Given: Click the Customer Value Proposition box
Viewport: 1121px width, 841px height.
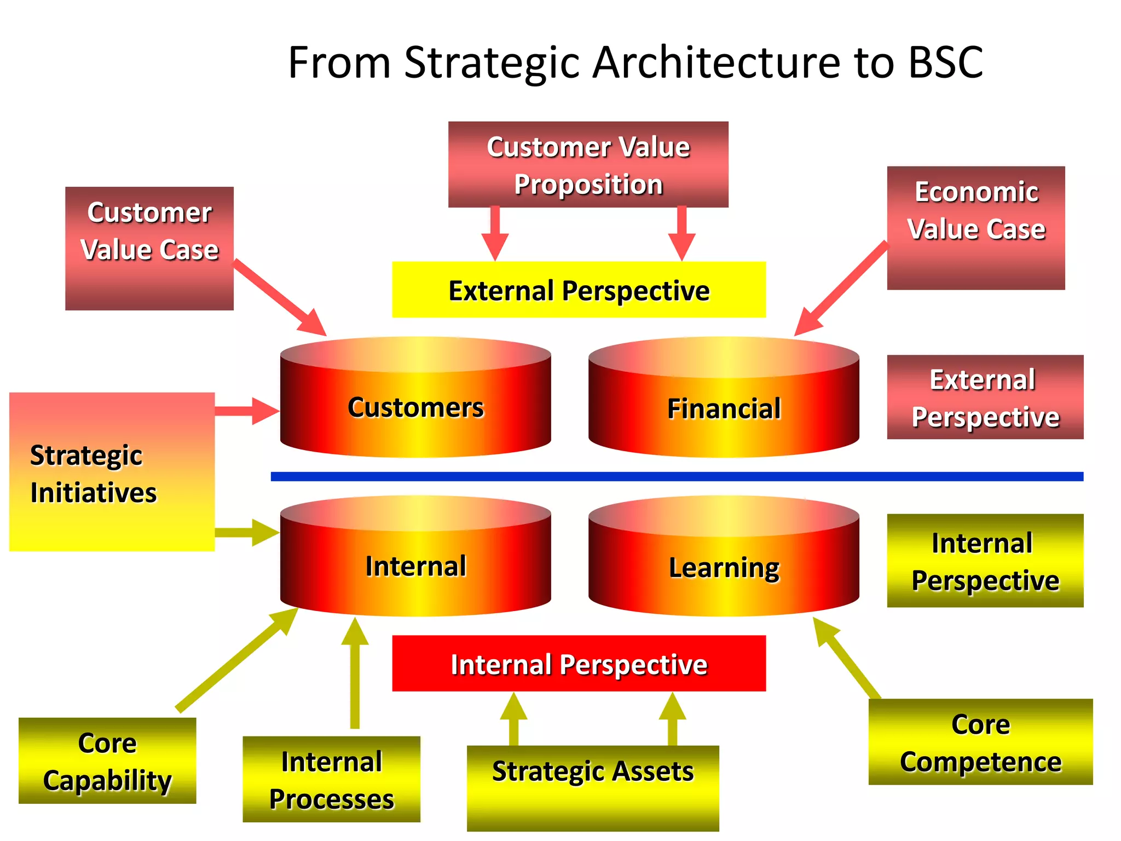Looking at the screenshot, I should tap(588, 164).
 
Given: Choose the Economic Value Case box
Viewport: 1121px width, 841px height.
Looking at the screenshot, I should tap(975, 228).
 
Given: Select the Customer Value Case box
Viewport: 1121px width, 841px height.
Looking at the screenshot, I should tap(149, 248).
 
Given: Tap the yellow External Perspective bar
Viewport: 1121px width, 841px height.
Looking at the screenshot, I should tap(579, 290).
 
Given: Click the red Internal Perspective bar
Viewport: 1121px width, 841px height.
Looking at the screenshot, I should tap(579, 663).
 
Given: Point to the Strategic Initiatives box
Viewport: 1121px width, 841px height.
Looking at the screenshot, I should tap(112, 471).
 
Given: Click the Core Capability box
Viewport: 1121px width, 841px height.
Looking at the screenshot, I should tap(107, 761).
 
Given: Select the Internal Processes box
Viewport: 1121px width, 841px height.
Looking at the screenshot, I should tap(331, 779).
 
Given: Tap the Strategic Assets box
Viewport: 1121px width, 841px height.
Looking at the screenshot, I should tap(592, 788).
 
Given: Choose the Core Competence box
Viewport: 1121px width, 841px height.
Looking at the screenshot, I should tap(980, 742).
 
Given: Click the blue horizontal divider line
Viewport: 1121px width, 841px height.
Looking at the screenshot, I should tap(677, 476).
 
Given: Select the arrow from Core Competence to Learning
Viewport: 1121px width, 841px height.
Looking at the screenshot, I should tap(847, 660).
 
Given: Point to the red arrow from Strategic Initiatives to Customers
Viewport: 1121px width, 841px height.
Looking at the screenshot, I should tap(246, 411).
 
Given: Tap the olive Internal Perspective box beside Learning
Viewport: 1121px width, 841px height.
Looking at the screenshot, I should tap(985, 560).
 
